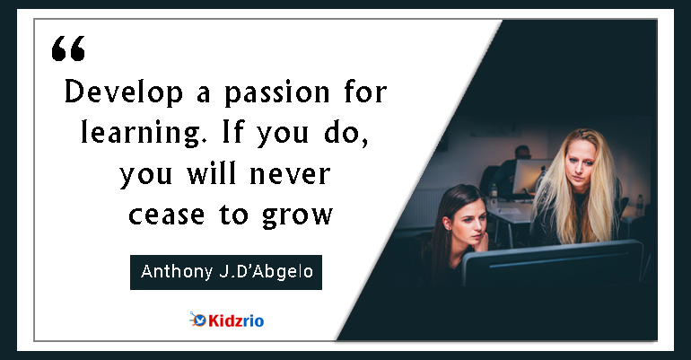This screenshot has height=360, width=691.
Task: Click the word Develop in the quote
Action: pos(124,92)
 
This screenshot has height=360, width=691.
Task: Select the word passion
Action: pos(276,93)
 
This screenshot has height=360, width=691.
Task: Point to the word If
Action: pos(232,131)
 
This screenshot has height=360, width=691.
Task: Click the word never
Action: pos(290,173)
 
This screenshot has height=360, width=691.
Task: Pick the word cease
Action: pos(167,215)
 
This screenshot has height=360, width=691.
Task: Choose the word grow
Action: pos(297,216)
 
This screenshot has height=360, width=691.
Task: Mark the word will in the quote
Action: pos(211,172)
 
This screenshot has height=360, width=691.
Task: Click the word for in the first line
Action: pos(365,92)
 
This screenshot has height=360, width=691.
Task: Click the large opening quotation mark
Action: pos(68,48)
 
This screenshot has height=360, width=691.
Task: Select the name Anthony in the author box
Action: pos(176,272)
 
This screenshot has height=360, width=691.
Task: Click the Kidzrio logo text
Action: pos(236,320)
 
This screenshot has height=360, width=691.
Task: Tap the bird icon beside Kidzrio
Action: pos(198,320)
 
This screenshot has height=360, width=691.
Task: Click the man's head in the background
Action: pos(522,152)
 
